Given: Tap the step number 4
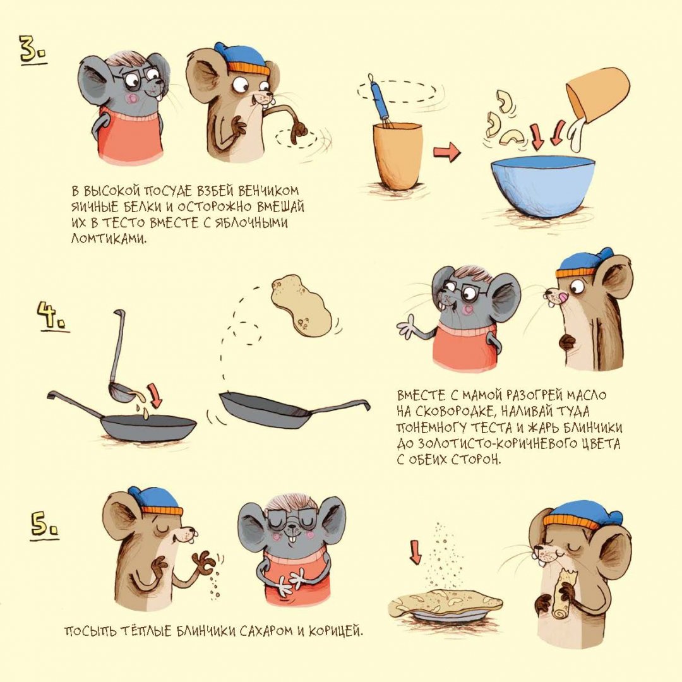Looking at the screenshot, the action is coord(52,316).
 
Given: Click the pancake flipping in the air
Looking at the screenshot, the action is coord(301,305).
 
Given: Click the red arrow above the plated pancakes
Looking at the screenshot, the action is coord(416,552).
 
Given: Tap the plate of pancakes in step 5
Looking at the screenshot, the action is coord(445,604).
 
